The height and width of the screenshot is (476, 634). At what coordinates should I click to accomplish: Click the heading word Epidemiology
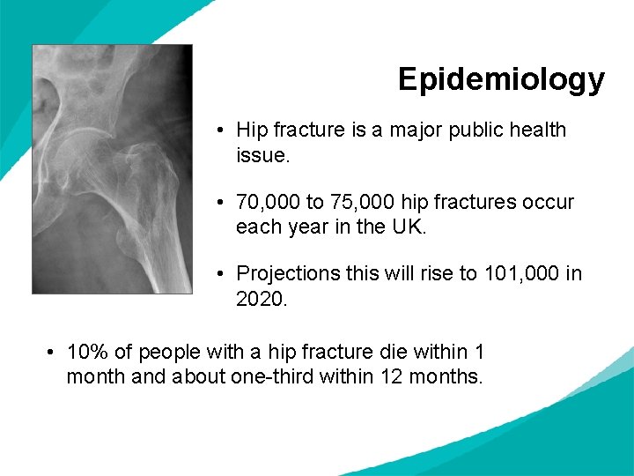[501, 79]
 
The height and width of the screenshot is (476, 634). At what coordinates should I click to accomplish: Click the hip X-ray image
[112, 168]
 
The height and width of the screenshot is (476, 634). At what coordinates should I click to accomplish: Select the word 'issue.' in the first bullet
[262, 156]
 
